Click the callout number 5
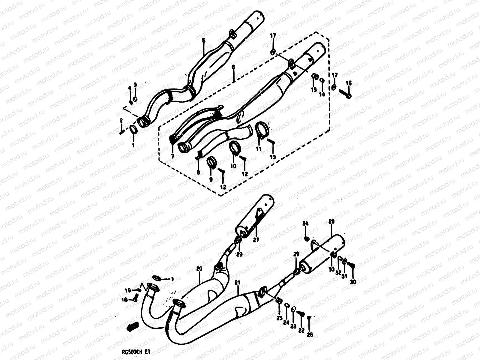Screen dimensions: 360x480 203,40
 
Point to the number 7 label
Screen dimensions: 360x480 172,156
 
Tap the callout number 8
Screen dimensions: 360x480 198,172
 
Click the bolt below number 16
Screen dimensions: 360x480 346,94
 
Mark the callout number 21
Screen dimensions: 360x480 238,283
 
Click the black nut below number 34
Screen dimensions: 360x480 306,239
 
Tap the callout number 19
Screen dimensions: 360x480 127,290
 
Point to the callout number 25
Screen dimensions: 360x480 279,318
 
